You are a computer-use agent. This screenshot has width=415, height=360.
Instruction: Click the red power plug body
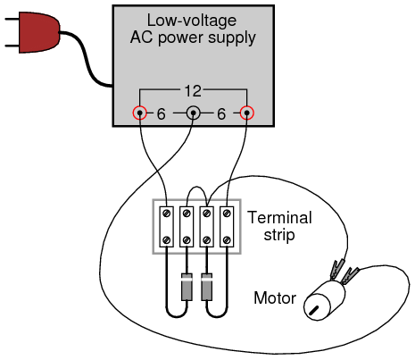(x=38, y=32)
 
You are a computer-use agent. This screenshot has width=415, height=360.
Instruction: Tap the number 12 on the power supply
(x=193, y=91)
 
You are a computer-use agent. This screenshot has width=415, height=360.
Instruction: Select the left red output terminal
(x=139, y=113)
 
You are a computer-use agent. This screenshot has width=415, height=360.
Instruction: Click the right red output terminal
(x=246, y=113)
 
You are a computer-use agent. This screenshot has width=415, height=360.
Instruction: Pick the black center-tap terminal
(x=193, y=113)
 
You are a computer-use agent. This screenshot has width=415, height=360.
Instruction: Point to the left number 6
(x=161, y=114)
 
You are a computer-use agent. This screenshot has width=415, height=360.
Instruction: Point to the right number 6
(x=221, y=114)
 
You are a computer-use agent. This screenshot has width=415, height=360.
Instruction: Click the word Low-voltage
(x=192, y=21)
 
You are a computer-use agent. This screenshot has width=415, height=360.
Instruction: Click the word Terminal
(x=279, y=217)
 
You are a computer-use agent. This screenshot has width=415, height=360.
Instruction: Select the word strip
(x=279, y=235)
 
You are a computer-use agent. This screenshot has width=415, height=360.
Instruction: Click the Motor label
(x=275, y=297)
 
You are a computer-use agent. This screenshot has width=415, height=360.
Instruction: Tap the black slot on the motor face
(x=313, y=310)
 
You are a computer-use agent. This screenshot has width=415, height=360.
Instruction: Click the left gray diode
(x=187, y=287)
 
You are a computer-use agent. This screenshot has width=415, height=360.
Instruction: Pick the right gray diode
(x=207, y=287)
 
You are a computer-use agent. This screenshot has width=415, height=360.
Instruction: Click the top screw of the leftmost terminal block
(x=167, y=213)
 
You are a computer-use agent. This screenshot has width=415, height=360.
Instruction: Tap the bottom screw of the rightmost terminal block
(x=227, y=239)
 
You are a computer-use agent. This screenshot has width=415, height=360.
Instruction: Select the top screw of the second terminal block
(x=187, y=213)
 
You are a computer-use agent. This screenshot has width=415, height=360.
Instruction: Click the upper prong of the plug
(x=12, y=20)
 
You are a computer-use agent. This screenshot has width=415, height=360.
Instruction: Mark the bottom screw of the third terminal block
(x=207, y=239)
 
